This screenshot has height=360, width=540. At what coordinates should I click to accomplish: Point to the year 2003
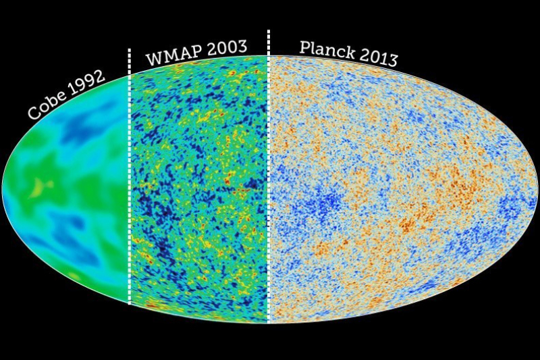223,48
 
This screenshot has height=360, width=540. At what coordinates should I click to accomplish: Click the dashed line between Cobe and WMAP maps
129,203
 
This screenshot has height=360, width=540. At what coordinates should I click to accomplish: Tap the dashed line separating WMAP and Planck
268,203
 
